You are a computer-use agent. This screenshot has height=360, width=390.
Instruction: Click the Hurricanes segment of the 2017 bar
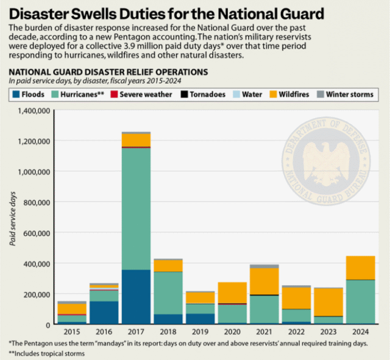(x=136, y=207)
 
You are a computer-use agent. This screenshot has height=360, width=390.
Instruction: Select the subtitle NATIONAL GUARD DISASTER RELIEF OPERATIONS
(x=108, y=72)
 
